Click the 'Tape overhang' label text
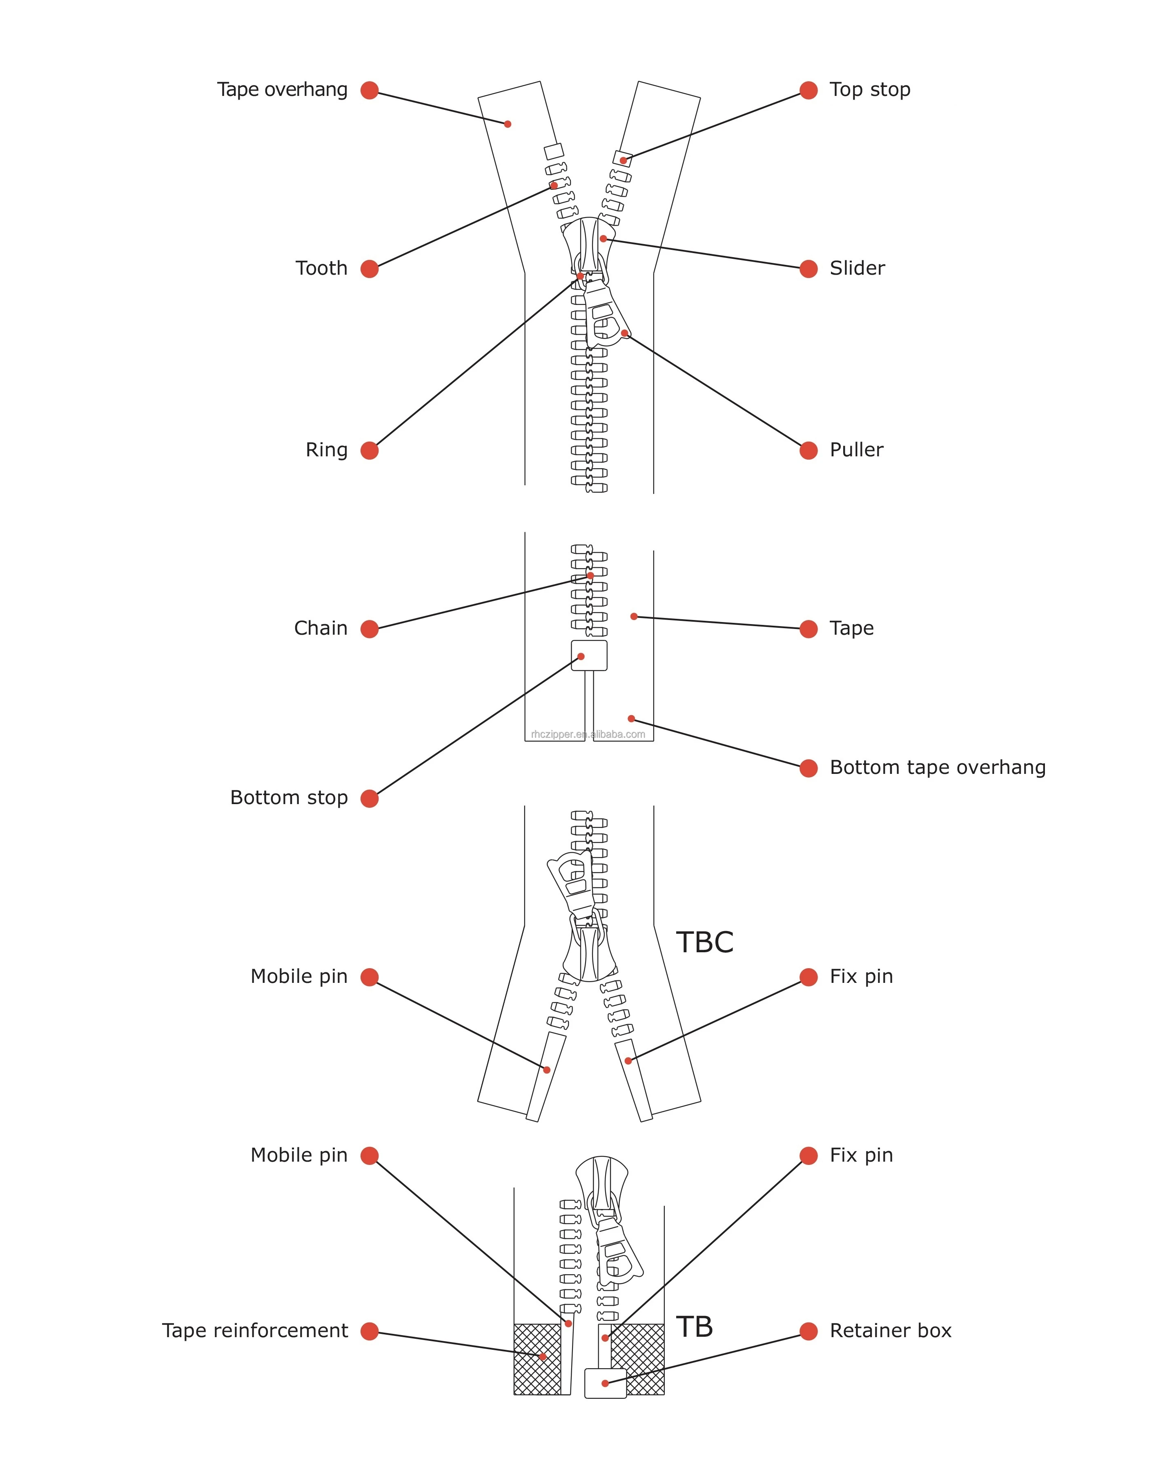coord(282,90)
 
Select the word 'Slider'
coord(857,269)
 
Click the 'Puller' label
coord(856,450)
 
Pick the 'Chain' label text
coord(321,628)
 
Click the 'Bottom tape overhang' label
coord(938,767)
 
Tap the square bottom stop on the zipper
coord(589,656)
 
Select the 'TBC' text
coord(704,942)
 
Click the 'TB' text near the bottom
coord(694,1327)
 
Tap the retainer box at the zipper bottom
coord(606,1383)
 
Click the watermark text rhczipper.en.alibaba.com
coord(588,735)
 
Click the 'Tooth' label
coord(321,269)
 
